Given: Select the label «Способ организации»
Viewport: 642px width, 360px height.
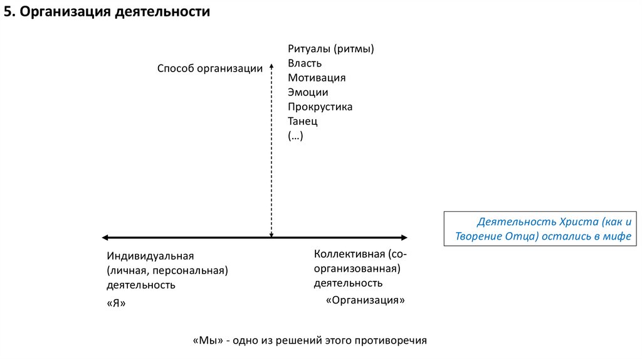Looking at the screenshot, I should tap(209, 69).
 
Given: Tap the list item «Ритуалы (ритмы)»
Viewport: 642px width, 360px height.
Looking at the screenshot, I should tap(335, 49).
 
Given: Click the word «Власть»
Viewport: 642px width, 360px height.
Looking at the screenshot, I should tap(305, 63).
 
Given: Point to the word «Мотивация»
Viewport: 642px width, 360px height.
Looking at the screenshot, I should tap(317, 78).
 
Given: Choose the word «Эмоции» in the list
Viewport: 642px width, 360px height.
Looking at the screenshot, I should tap(308, 92).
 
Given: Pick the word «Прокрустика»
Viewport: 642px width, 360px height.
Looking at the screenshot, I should tap(320, 107).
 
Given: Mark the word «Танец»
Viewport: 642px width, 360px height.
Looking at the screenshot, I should tap(303, 121).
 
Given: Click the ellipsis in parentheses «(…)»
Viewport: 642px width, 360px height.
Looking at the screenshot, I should tap(295, 135).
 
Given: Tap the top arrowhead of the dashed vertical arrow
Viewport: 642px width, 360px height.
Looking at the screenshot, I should tap(271, 63).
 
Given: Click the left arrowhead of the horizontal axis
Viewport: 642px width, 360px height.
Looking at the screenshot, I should tap(105, 237).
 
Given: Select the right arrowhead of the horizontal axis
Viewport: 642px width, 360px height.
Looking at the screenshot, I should tap(404, 237).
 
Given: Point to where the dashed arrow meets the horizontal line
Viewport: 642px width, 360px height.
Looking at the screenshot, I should tap(271, 237).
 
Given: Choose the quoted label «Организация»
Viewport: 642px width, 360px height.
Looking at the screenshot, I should tap(366, 300).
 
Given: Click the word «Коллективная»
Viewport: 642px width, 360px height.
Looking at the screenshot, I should tap(349, 254).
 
